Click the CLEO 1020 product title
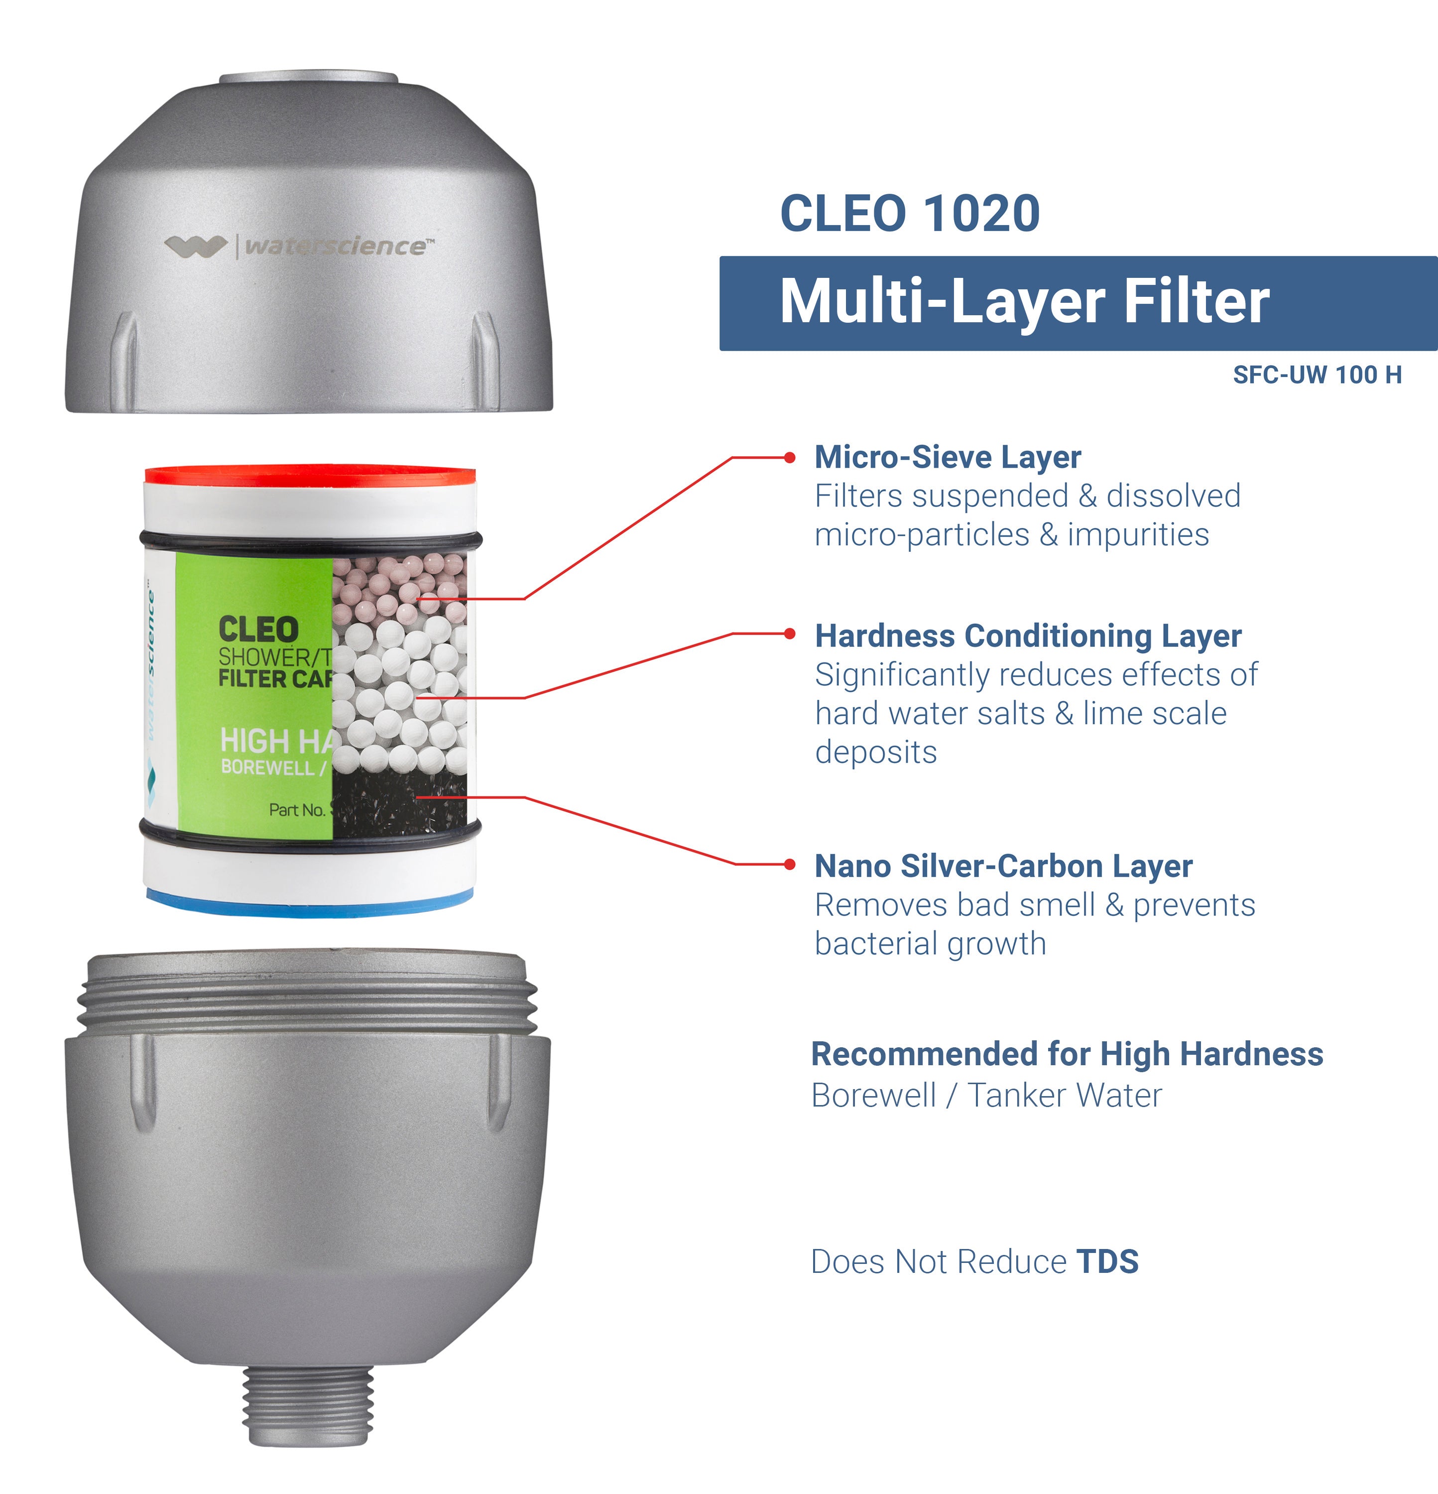pos(910,214)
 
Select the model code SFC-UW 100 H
pos(1317,375)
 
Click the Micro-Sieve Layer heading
pos(947,457)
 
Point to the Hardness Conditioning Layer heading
pos(1028,636)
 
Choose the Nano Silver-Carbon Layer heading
pos(1003,866)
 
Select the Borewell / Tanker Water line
pos(986,1095)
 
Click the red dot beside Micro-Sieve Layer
pos(790,457)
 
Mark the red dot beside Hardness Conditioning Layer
pos(790,633)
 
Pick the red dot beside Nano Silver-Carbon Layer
pos(790,865)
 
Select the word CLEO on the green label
pos(258,629)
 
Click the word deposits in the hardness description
pos(876,753)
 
